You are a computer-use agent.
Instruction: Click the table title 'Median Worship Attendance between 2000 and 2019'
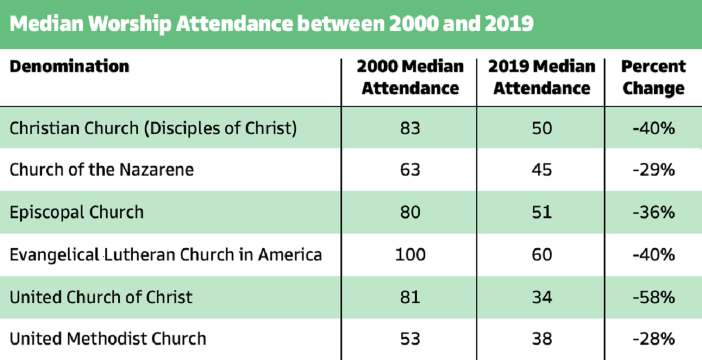click(272, 25)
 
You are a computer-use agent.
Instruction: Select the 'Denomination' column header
click(69, 66)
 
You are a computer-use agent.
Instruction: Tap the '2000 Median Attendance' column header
click(410, 77)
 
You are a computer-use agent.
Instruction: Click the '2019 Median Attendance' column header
click(542, 77)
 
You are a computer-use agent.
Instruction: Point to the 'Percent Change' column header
click(653, 77)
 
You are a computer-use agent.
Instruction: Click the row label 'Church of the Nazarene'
click(102, 170)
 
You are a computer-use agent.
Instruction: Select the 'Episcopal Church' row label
click(77, 212)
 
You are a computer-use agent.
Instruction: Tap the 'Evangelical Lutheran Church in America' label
click(166, 255)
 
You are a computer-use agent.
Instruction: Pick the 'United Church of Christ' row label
click(101, 297)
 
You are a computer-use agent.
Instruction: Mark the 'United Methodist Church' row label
click(108, 338)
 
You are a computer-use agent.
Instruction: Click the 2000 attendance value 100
click(410, 255)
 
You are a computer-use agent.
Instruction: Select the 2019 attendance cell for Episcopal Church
click(542, 212)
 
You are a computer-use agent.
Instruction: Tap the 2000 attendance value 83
click(410, 128)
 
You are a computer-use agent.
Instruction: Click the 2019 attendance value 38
click(542, 338)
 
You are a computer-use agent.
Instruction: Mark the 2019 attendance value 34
click(542, 297)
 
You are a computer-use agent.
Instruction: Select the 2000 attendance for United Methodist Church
click(410, 338)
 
